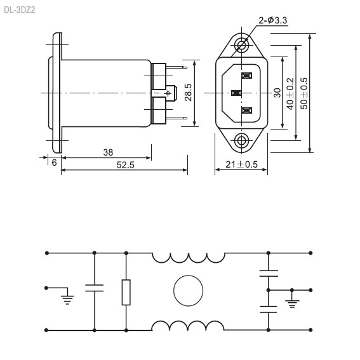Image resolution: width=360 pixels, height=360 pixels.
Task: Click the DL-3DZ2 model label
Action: [x=20, y=10]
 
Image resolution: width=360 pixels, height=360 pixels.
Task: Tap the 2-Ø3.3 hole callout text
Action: [x=273, y=20]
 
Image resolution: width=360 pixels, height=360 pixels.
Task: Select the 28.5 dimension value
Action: [x=189, y=92]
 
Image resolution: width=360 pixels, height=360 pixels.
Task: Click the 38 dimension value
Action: [x=108, y=152]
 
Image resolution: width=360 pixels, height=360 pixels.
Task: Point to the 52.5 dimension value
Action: [x=125, y=165]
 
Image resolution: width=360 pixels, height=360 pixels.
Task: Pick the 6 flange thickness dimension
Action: [x=54, y=163]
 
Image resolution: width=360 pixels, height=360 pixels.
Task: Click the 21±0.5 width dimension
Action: [x=241, y=164]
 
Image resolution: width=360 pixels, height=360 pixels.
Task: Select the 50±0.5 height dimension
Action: [x=304, y=93]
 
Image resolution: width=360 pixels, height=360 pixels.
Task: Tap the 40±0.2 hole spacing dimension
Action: [x=290, y=94]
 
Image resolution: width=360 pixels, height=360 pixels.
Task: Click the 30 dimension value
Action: [x=277, y=93]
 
